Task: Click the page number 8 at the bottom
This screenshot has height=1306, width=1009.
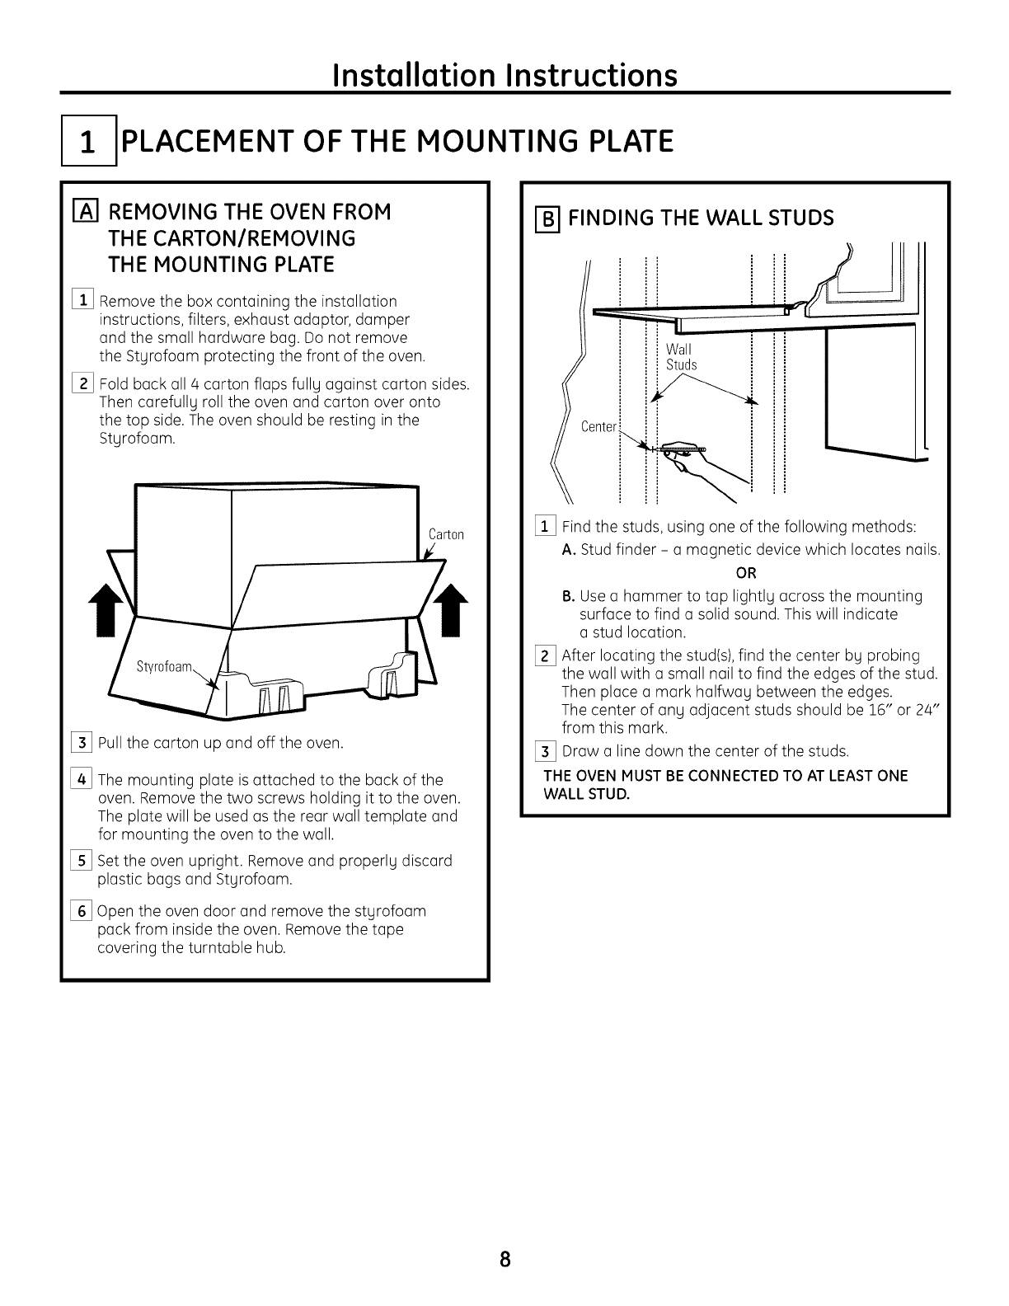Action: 505,1260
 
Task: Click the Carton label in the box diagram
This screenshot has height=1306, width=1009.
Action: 446,534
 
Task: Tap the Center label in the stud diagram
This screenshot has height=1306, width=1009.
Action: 598,426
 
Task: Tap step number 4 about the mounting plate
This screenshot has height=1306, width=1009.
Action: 83,780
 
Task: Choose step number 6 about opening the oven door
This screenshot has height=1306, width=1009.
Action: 83,912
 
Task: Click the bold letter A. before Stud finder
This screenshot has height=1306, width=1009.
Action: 568,550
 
